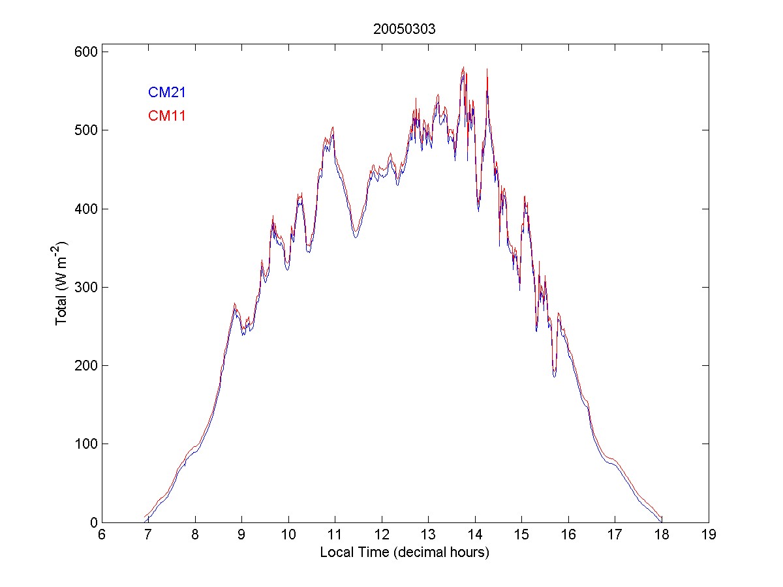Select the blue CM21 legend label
[x=167, y=93]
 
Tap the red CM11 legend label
[x=167, y=117]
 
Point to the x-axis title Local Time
[x=405, y=552]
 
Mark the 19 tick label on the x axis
[x=709, y=535]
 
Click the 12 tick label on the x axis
[x=382, y=535]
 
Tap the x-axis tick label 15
[x=522, y=535]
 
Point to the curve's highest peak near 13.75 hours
[x=463, y=68]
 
